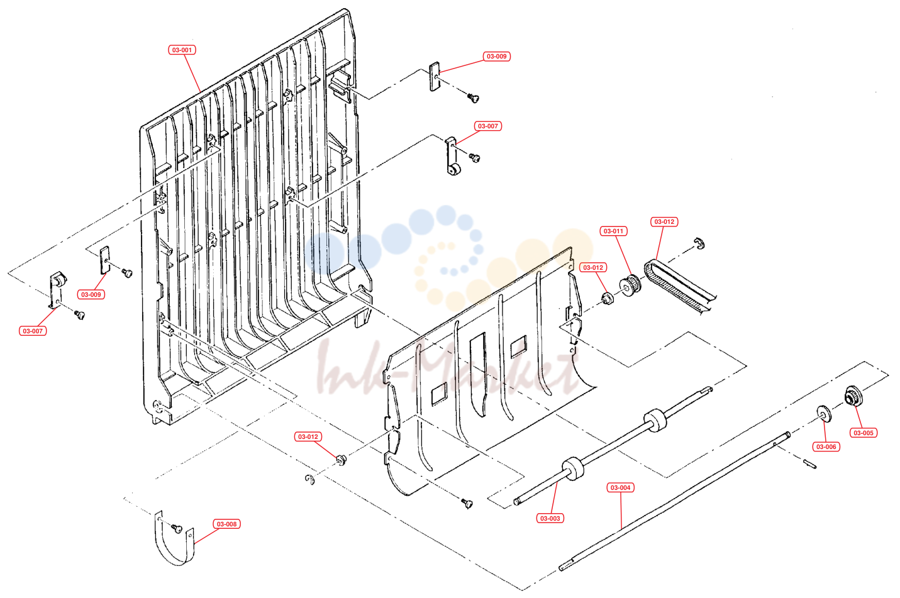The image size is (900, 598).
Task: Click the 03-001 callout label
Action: pyautogui.click(x=182, y=50)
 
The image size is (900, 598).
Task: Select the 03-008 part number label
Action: pyautogui.click(x=226, y=524)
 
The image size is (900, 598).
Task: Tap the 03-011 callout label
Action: pyautogui.click(x=614, y=231)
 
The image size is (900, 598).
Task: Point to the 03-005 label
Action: pyautogui.click(x=864, y=433)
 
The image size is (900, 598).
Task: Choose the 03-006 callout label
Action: pyautogui.click(x=826, y=446)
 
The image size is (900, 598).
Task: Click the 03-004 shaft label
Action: pyautogui.click(x=620, y=487)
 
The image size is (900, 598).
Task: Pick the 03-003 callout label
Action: pyautogui.click(x=550, y=518)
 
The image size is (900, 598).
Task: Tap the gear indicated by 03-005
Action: pyautogui.click(x=854, y=396)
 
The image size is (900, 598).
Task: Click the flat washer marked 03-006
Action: pyautogui.click(x=824, y=414)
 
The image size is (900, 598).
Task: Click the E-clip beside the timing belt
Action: pyautogui.click(x=699, y=243)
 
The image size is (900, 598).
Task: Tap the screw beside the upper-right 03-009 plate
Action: pyautogui.click(x=473, y=97)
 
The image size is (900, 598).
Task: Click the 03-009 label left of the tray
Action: pyautogui.click(x=91, y=294)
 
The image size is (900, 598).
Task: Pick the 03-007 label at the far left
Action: pyautogui.click(x=33, y=331)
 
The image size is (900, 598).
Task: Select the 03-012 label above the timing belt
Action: pyautogui.click(x=664, y=222)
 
